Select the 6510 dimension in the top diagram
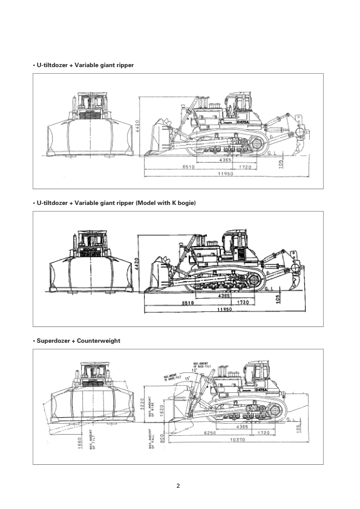189,166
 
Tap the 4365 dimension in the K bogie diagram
224,296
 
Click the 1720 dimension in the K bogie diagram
244,303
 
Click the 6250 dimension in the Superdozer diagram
210,433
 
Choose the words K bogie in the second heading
183,202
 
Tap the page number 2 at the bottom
178,485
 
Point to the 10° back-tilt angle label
195,371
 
